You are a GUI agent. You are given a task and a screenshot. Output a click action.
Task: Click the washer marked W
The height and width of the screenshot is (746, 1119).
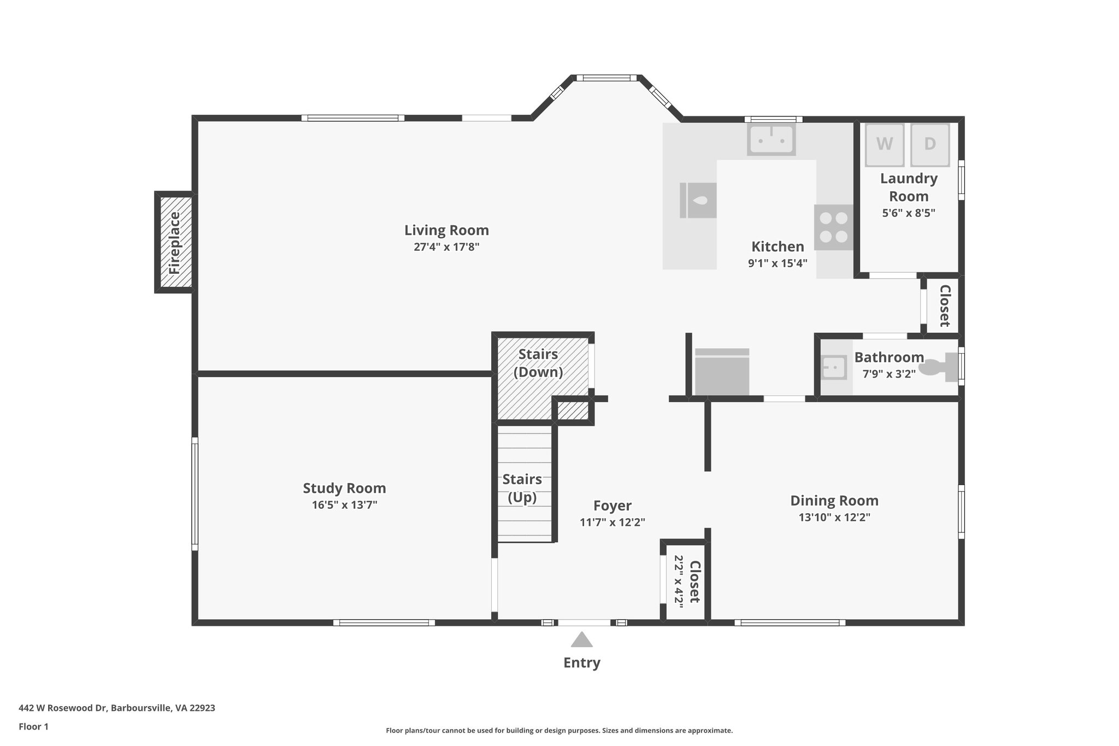(884, 144)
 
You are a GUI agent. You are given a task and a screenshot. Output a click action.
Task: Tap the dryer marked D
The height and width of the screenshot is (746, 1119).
(930, 144)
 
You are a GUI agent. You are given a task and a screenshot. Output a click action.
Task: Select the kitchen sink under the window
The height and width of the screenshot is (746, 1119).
(771, 139)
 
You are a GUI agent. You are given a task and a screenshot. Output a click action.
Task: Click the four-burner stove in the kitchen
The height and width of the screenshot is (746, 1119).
(834, 227)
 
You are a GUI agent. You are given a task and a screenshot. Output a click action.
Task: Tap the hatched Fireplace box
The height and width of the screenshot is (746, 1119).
(174, 242)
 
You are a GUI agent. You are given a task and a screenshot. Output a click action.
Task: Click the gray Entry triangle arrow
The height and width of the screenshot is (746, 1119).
(581, 640)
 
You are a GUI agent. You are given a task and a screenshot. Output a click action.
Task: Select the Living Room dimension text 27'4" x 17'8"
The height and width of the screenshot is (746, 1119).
(446, 247)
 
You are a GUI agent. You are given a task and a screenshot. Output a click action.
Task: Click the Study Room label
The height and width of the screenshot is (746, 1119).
(344, 488)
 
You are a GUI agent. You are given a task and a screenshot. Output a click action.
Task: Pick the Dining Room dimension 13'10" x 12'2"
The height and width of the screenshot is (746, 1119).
(834, 517)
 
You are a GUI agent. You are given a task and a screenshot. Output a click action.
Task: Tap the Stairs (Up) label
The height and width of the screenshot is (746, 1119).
(522, 488)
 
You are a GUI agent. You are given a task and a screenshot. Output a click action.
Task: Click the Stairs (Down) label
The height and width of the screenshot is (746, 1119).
(538, 363)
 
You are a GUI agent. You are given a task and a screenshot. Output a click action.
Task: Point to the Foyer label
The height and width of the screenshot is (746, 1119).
(612, 506)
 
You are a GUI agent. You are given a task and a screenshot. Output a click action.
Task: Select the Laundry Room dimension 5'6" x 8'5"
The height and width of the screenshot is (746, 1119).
(909, 213)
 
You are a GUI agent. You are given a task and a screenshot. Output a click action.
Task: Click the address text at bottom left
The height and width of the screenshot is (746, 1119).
(117, 708)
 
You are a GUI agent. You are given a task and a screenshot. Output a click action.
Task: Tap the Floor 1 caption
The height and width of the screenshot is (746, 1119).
(33, 726)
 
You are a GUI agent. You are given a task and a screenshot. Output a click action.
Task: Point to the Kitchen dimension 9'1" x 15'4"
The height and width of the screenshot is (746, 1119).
(778, 263)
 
